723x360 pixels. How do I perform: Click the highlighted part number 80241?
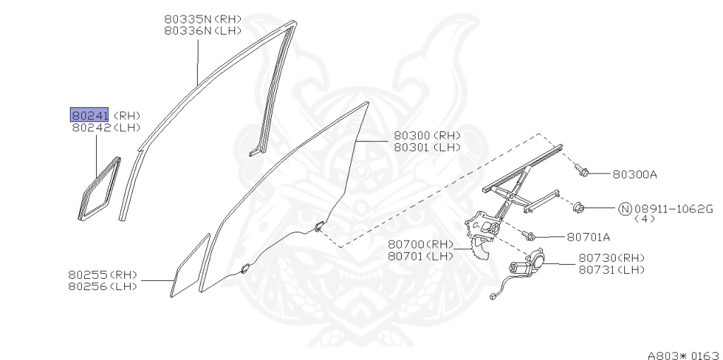[88, 114]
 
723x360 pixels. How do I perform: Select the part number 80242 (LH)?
[106, 128]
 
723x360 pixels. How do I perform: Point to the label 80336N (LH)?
[203, 31]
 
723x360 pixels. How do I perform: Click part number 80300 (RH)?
[426, 136]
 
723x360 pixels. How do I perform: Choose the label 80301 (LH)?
[426, 148]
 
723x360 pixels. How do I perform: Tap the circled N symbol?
[625, 208]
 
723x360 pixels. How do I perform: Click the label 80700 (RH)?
[420, 244]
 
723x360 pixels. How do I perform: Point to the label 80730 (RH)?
[611, 258]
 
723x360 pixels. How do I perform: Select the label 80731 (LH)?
[611, 270]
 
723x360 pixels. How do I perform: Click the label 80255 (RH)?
[103, 274]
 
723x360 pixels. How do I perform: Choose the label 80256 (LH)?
[103, 286]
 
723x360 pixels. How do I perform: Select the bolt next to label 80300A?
[582, 169]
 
